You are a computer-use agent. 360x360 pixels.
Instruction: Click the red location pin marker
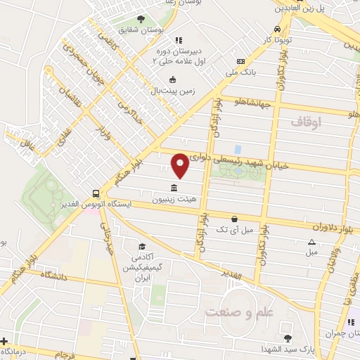[180, 165]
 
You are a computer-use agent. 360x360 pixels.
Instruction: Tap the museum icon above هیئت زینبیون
[174, 188]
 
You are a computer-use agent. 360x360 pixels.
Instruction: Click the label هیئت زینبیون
[174, 200]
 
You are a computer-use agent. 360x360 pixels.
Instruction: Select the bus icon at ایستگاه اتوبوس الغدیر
[96, 193]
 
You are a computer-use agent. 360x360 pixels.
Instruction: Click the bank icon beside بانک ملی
[240, 61]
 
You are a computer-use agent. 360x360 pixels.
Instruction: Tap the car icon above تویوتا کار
[278, 29]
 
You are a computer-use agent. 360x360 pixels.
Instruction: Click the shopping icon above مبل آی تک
[234, 218]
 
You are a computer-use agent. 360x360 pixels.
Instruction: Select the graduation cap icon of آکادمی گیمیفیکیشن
[143, 247]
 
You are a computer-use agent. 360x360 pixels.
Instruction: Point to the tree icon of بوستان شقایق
[141, 19]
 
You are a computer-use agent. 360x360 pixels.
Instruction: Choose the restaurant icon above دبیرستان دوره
[178, 40]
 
